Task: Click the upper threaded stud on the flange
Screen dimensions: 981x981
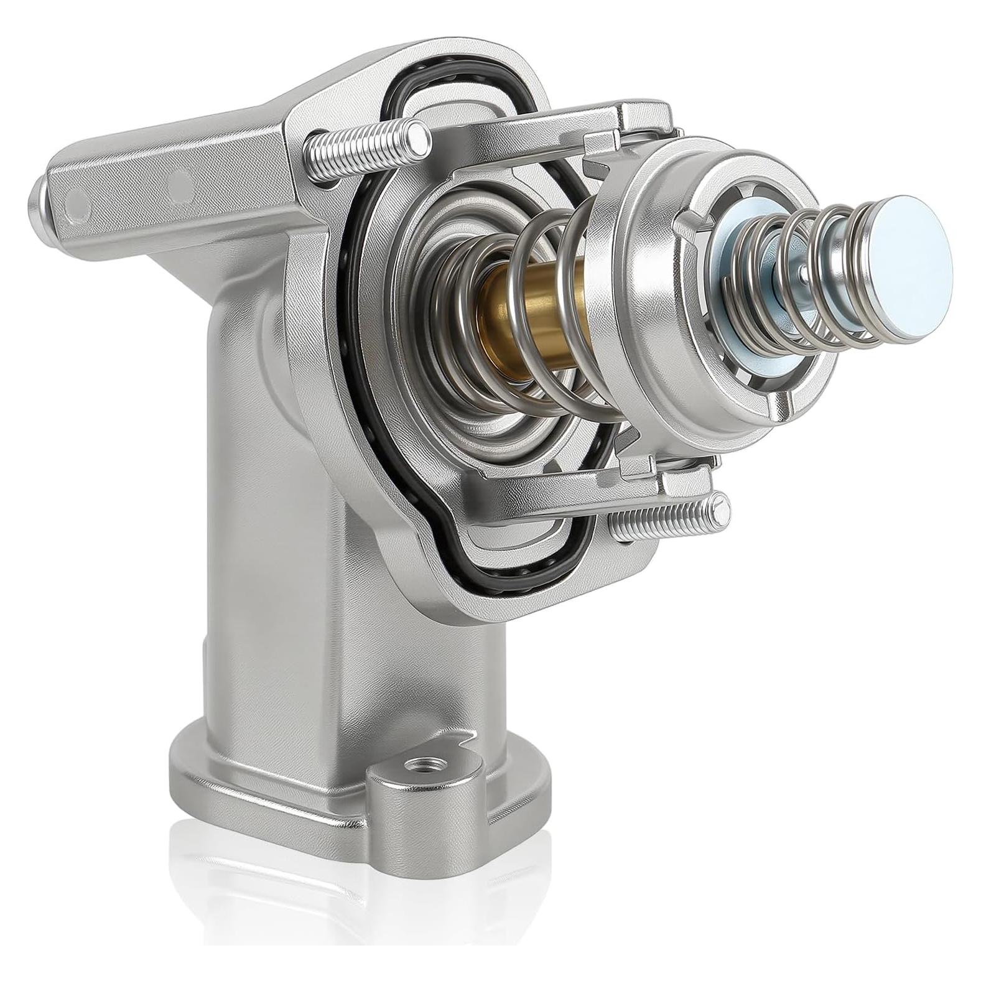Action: (367, 149)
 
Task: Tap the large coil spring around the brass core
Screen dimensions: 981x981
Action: (547, 311)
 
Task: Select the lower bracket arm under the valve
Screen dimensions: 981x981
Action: (560, 491)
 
